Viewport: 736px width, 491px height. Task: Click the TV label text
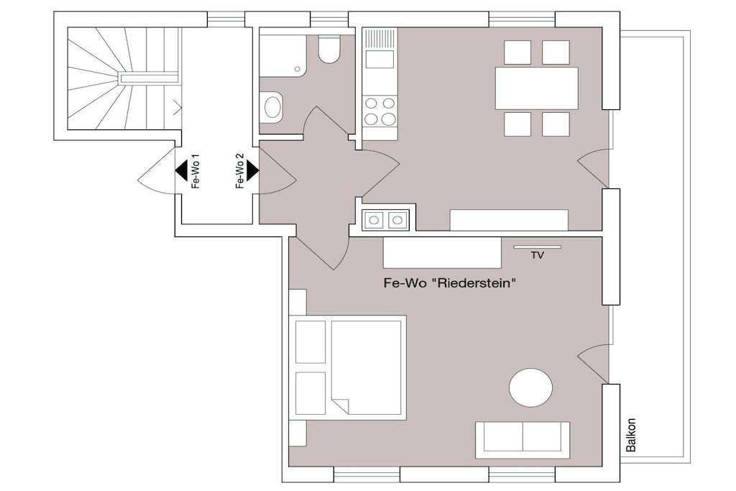coord(538,255)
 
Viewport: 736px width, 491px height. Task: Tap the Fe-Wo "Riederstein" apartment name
coord(450,283)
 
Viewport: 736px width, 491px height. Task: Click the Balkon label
coord(631,435)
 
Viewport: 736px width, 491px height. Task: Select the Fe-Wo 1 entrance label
coord(195,171)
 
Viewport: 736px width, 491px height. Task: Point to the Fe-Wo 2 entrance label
coord(240,171)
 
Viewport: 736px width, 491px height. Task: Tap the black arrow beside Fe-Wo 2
coord(252,170)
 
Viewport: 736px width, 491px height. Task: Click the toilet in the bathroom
coord(329,50)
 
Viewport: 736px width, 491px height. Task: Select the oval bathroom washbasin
coord(272,107)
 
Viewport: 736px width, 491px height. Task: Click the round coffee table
coord(530,387)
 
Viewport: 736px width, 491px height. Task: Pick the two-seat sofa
coord(523,440)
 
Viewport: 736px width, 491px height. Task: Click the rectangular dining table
coord(536,88)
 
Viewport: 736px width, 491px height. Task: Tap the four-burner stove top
coord(379,111)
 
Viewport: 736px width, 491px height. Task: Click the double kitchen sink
coord(385,220)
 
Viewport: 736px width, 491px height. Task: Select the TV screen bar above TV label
coord(537,247)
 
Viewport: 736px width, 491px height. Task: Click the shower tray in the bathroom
coord(282,52)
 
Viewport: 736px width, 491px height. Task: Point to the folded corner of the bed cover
coord(340,405)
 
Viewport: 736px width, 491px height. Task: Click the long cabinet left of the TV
coord(442,252)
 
